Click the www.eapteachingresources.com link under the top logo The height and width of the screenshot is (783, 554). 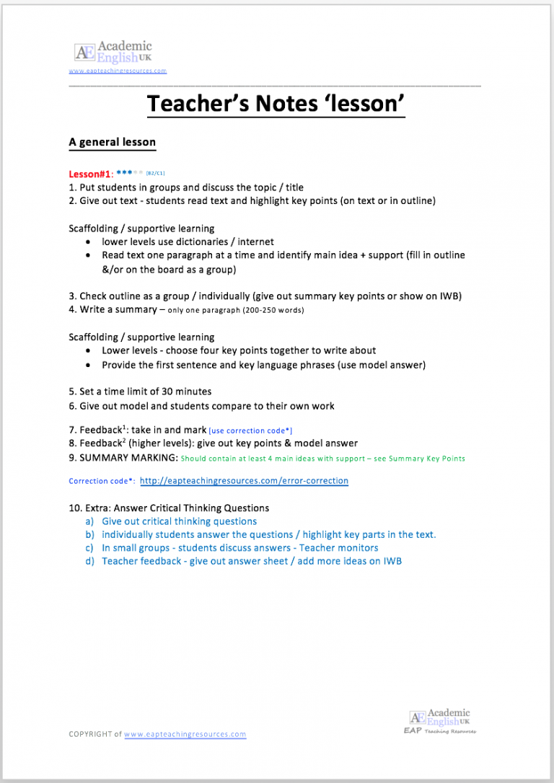118,71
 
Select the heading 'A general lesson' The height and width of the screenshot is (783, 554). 112,142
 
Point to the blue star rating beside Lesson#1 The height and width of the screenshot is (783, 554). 129,173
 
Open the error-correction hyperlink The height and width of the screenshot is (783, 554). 244,480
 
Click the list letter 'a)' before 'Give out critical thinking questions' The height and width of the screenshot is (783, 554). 89,521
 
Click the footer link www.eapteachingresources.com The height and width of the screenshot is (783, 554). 185,734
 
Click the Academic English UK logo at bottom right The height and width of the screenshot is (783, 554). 440,717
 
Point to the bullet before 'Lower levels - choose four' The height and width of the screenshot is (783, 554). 87,351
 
